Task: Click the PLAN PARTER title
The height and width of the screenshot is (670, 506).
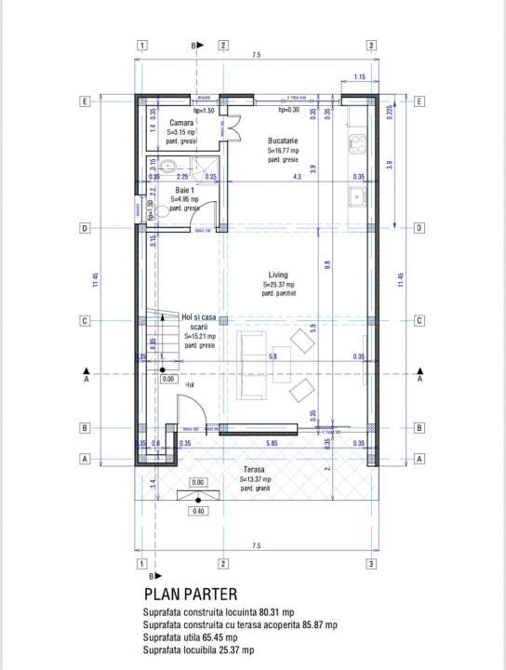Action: click(191, 594)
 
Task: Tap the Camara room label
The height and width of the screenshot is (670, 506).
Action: click(181, 123)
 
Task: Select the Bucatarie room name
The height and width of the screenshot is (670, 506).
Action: click(282, 139)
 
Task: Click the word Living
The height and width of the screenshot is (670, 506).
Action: click(278, 275)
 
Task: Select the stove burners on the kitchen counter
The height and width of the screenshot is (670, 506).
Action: click(356, 143)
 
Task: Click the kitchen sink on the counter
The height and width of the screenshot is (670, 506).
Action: click(356, 196)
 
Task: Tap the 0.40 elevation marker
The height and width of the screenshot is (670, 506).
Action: click(197, 511)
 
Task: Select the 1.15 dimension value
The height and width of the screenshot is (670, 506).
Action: click(359, 76)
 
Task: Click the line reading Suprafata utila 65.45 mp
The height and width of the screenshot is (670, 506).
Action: click(204, 637)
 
